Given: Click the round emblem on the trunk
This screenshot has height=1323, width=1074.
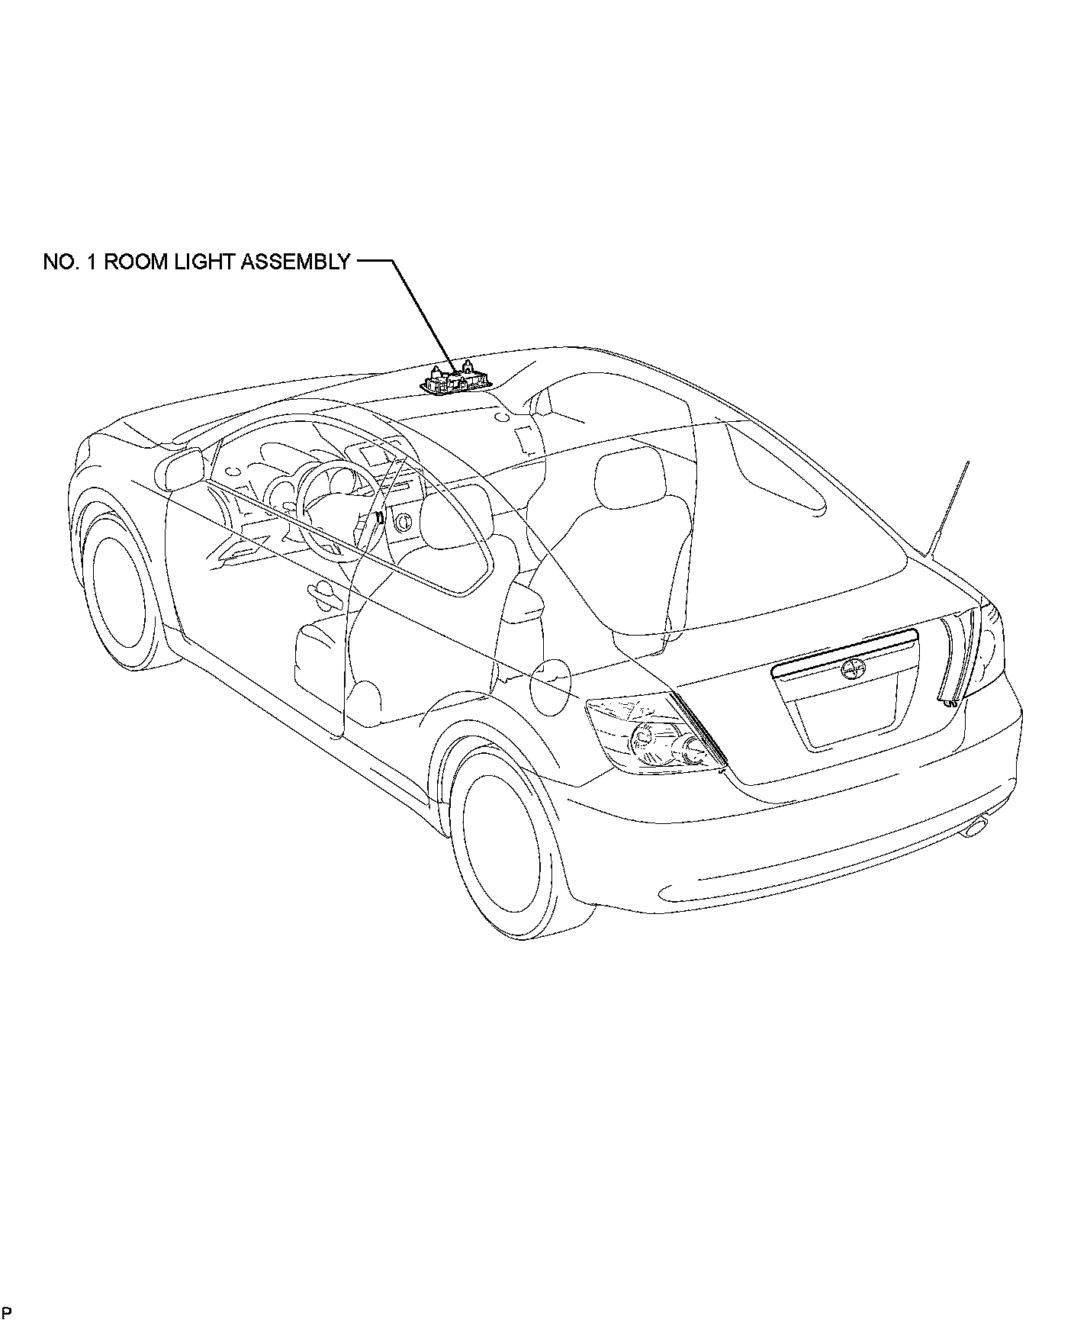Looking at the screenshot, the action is coord(847,670).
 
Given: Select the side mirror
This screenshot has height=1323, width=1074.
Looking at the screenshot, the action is coord(180,468).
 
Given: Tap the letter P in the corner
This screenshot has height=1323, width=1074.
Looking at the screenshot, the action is coord(7,1312).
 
